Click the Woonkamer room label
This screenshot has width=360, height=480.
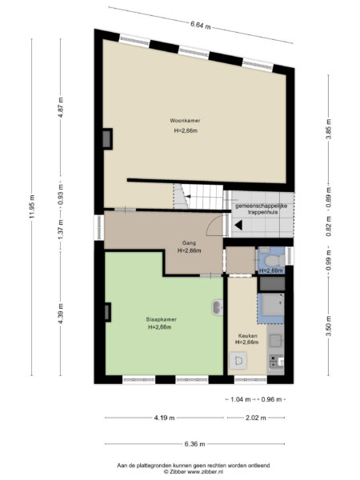click(x=185, y=120)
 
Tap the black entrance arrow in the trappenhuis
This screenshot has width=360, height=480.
click(x=238, y=226)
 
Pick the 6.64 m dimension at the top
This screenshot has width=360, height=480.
click(x=201, y=25)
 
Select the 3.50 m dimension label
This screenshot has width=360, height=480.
click(x=328, y=328)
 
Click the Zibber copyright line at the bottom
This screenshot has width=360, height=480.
click(x=181, y=471)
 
